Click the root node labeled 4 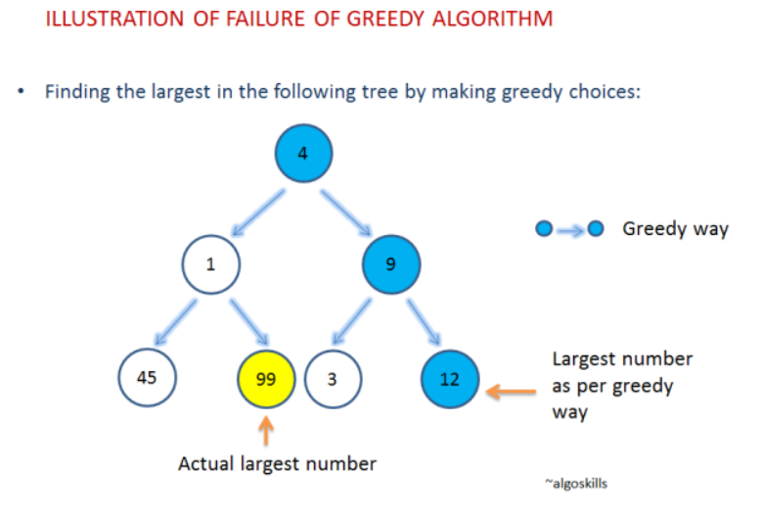304,154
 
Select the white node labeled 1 210,264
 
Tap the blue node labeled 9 390,263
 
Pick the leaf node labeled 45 147,376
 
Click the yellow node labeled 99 266,378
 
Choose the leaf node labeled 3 333,378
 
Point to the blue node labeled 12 449,378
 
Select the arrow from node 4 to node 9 346,210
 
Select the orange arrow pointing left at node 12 512,392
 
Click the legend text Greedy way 676,229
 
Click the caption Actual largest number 277,463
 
